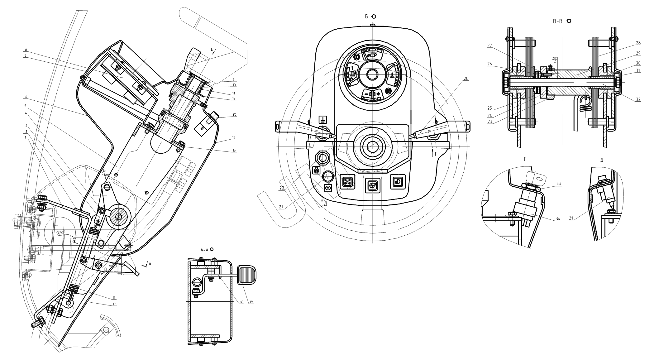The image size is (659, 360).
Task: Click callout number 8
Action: [26, 50]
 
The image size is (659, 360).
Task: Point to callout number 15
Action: [234, 151]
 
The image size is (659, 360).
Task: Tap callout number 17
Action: [115, 304]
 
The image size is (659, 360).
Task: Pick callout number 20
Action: [466, 79]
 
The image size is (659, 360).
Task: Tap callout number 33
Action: [558, 184]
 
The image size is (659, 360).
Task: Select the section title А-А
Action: [204, 249]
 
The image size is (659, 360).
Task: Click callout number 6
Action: [26, 97]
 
